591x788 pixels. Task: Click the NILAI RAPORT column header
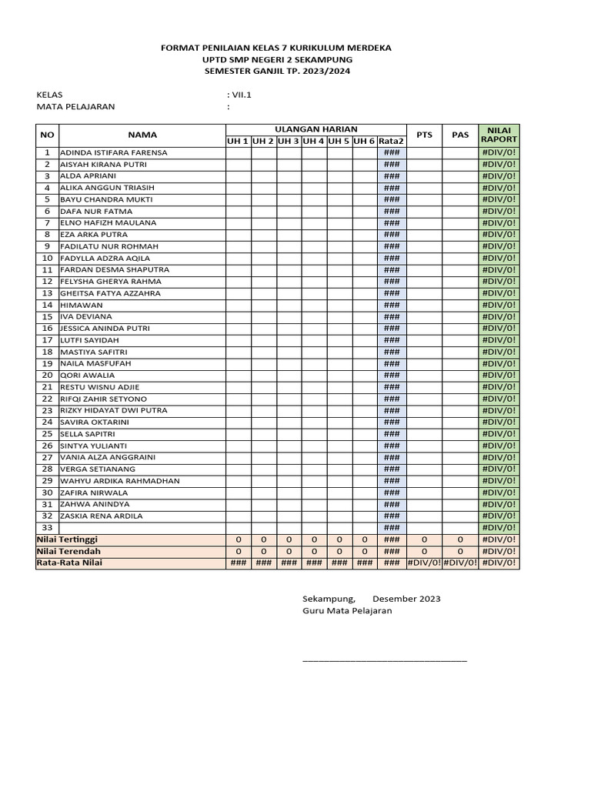(x=499, y=135)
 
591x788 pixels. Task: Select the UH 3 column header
(x=289, y=141)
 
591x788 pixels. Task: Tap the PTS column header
(x=424, y=135)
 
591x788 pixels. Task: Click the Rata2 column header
(x=391, y=141)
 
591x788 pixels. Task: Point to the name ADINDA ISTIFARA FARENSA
(x=113, y=152)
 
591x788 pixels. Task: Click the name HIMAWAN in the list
(x=81, y=305)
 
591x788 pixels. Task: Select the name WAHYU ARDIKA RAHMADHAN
(x=119, y=481)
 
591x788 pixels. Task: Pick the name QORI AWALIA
(x=87, y=376)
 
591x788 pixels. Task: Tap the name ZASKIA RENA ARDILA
(x=102, y=516)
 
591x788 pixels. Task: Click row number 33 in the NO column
(x=47, y=528)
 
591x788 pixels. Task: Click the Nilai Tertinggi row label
(x=68, y=539)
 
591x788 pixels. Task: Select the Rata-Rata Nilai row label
(x=69, y=563)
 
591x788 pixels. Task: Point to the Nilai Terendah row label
(x=68, y=552)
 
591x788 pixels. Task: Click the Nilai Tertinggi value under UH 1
(x=238, y=540)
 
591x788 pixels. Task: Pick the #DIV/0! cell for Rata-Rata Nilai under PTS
(x=424, y=563)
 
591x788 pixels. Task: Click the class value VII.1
(x=241, y=94)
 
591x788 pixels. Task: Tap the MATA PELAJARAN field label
(x=75, y=107)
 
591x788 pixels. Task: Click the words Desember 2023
(x=406, y=598)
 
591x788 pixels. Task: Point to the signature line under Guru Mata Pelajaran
(x=384, y=659)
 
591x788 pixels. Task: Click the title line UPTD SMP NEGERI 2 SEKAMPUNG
(x=275, y=59)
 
